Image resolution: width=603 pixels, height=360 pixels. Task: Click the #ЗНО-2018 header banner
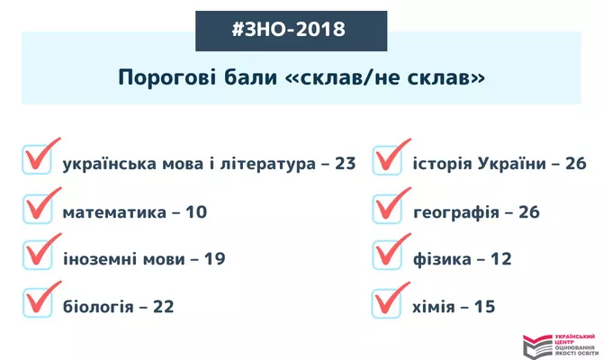[x=291, y=31]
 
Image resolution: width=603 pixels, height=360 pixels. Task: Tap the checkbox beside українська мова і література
[x=37, y=159]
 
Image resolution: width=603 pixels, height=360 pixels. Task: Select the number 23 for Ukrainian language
[x=345, y=164]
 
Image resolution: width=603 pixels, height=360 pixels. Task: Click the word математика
[x=114, y=212]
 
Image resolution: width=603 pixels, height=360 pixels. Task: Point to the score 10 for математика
[x=196, y=212]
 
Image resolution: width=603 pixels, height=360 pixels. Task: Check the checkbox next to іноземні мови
[x=37, y=255]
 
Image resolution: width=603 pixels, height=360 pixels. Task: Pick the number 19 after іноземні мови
[x=214, y=259]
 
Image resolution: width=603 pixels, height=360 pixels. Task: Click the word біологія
[x=98, y=307]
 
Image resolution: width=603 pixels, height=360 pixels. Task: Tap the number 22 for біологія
[x=164, y=307]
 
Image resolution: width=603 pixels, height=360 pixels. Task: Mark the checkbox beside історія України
[x=387, y=160]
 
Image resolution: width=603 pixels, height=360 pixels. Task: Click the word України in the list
[x=512, y=164]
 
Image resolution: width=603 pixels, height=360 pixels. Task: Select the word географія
[x=456, y=213]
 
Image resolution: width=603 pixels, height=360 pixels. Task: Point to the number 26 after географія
[x=529, y=212]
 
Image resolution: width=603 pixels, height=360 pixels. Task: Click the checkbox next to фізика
[x=387, y=255]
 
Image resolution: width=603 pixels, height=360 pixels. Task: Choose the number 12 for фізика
[x=501, y=259]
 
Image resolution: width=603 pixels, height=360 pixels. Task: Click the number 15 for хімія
[x=484, y=307]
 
